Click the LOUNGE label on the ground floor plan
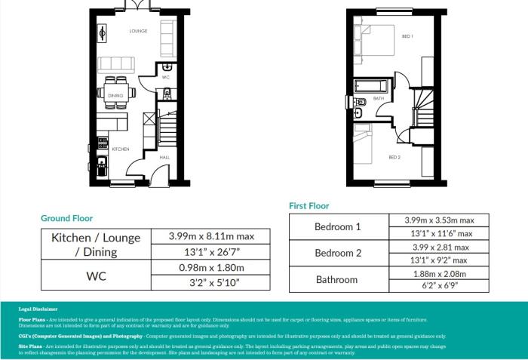point(138,31)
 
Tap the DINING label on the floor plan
point(115,96)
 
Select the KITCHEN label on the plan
point(121,149)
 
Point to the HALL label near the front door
point(164,157)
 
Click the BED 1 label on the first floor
point(407,35)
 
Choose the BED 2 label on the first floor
point(394,157)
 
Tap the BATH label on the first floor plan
point(379,98)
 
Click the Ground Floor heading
point(66,218)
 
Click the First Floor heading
point(309,205)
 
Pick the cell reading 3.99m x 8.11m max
point(210,236)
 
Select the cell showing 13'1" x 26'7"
point(210,252)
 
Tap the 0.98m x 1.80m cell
point(210,268)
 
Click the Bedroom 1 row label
point(337,227)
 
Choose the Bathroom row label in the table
point(337,279)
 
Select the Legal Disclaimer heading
point(35,309)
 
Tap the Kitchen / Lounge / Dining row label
point(96,244)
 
